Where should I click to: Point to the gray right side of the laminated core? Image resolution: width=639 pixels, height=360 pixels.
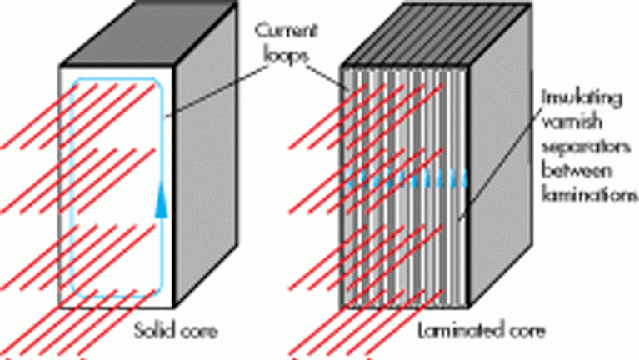pyautogui.click(x=488, y=167)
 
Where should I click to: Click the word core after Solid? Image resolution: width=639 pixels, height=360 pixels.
pyautogui.click(x=199, y=331)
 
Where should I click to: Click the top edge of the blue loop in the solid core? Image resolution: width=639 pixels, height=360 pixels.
pyautogui.click(x=117, y=80)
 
